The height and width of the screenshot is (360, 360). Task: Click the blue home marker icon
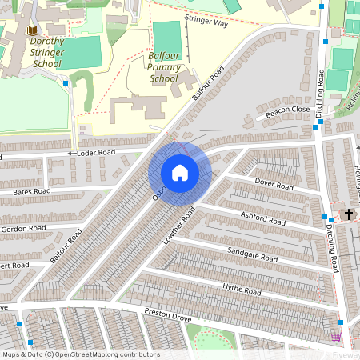[179, 173]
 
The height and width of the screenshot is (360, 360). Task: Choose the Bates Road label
[32, 191]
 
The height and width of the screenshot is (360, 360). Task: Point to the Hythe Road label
[242, 290]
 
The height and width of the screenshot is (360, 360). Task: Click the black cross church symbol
[348, 214]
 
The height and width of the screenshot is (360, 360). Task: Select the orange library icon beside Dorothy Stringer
[32, 30]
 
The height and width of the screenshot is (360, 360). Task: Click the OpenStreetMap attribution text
[80, 354]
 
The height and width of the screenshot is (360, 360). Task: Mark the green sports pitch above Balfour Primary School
[167, 38]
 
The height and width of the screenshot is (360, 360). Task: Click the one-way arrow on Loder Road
[70, 153]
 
